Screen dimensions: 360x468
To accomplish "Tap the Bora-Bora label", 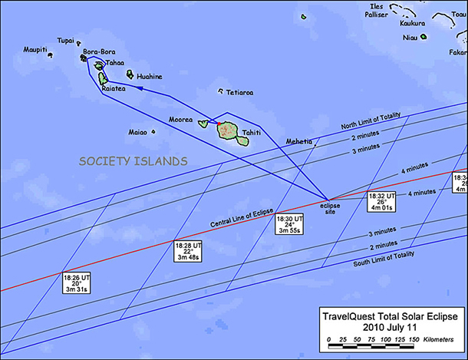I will pyautogui.click(x=98, y=51).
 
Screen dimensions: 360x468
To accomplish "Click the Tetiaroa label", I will pyautogui.click(x=240, y=92).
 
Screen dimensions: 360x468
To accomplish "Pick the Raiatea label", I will pyautogui.click(x=115, y=89).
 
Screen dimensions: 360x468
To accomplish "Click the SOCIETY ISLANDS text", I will pyautogui.click(x=133, y=161).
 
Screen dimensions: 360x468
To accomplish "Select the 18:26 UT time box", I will pyautogui.click(x=76, y=282).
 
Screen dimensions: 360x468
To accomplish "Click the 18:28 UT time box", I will pyautogui.click(x=188, y=251).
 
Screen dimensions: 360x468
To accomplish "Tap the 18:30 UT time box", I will pyautogui.click(x=290, y=225).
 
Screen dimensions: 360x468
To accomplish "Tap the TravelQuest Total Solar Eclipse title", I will pyautogui.click(x=392, y=316).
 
